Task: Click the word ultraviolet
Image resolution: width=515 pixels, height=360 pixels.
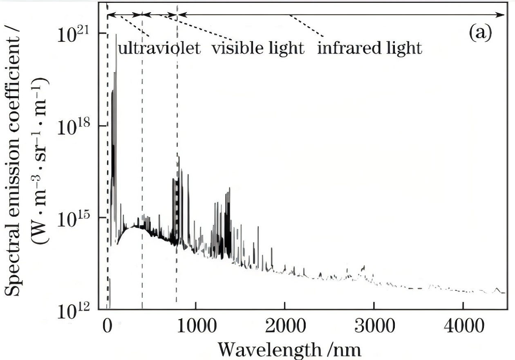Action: (159, 49)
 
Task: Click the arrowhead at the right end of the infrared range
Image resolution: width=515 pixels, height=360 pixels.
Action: (503, 15)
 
